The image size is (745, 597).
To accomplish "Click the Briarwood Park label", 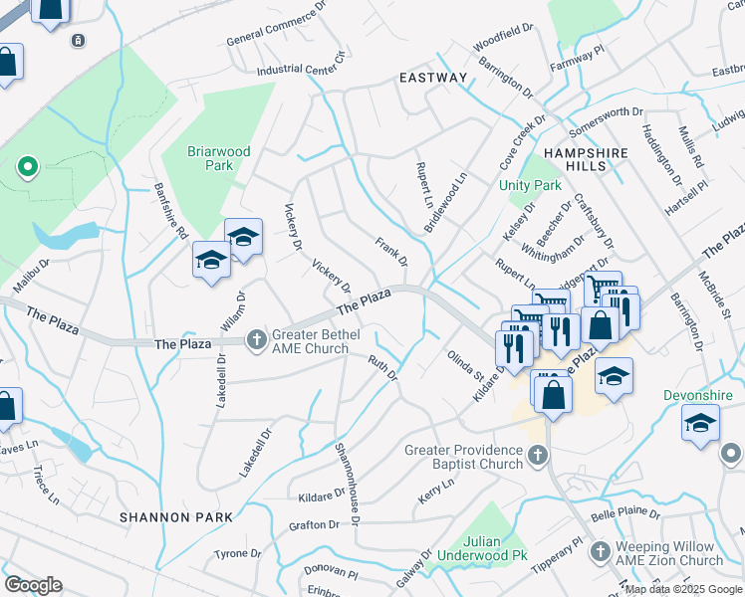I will click(x=219, y=158).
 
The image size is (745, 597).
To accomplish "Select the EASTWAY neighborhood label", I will click(x=432, y=78).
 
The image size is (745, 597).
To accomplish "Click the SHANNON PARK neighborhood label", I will click(x=175, y=517).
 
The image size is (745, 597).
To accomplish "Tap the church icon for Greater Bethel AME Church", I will click(x=257, y=340).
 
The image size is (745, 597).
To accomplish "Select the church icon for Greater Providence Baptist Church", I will click(x=538, y=456).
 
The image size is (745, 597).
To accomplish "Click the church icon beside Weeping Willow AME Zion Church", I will click(x=601, y=549).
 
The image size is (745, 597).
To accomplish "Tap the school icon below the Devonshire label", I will click(x=700, y=422).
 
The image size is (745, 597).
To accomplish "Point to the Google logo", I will click(x=33, y=584).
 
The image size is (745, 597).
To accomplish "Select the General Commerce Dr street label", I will click(x=276, y=38).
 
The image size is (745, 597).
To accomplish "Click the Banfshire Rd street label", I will click(x=170, y=211).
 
